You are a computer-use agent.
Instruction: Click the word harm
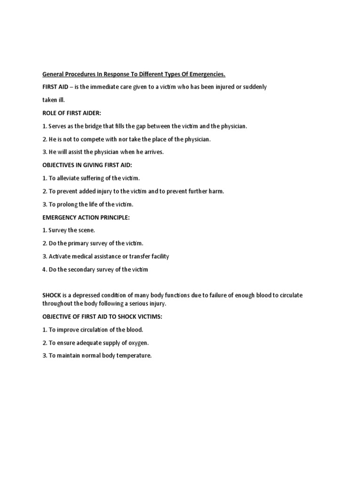pyautogui.click(x=217, y=191)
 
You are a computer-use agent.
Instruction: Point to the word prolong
pyautogui.click(x=70, y=204)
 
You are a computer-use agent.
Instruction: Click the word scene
pyautogui.click(x=85, y=231)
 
